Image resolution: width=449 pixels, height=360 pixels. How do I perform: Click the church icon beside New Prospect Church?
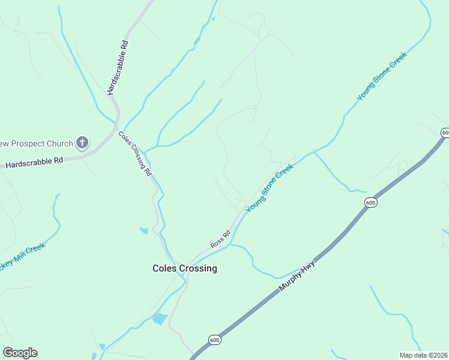(x=83, y=143)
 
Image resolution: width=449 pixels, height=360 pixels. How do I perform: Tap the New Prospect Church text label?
(x=36, y=143)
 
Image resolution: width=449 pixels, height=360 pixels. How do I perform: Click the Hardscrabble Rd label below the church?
(x=34, y=161)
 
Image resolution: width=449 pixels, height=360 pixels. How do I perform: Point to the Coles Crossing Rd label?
(x=134, y=154)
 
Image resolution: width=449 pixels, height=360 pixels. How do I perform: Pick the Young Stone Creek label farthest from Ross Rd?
(x=382, y=76)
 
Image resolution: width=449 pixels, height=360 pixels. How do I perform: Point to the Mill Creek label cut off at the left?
(x=23, y=256)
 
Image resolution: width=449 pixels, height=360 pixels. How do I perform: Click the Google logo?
(x=20, y=353)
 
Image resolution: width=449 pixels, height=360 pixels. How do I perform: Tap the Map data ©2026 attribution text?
(x=423, y=355)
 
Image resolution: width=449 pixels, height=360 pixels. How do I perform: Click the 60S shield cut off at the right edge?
(x=445, y=132)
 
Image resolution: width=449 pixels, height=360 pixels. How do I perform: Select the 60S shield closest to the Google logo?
(x=215, y=340)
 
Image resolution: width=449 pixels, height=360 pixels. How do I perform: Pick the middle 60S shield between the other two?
(x=370, y=203)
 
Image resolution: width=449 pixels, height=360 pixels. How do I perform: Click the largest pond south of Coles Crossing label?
(x=160, y=319)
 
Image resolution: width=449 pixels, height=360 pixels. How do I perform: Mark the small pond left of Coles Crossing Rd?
(x=143, y=230)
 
